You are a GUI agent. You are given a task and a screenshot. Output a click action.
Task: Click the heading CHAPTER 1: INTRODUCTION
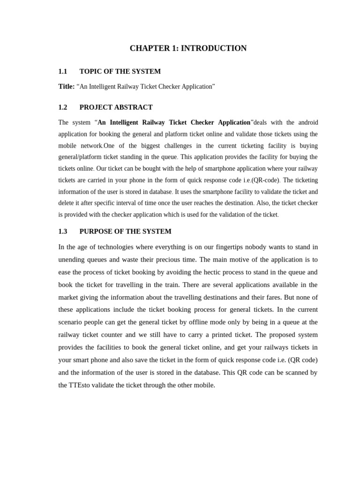point(188,48)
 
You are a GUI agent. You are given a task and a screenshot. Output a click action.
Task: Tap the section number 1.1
point(63,71)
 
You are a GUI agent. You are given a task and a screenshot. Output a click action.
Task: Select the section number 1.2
point(63,107)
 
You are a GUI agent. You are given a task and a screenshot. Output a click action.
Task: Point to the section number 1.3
point(63,232)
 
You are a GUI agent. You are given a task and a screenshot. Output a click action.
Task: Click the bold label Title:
point(67,87)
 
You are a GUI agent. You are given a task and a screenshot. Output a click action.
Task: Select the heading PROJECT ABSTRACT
point(116,107)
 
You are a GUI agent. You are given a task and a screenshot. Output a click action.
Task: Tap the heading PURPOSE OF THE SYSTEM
point(125,232)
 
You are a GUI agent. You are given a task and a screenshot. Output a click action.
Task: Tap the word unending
point(72,260)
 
